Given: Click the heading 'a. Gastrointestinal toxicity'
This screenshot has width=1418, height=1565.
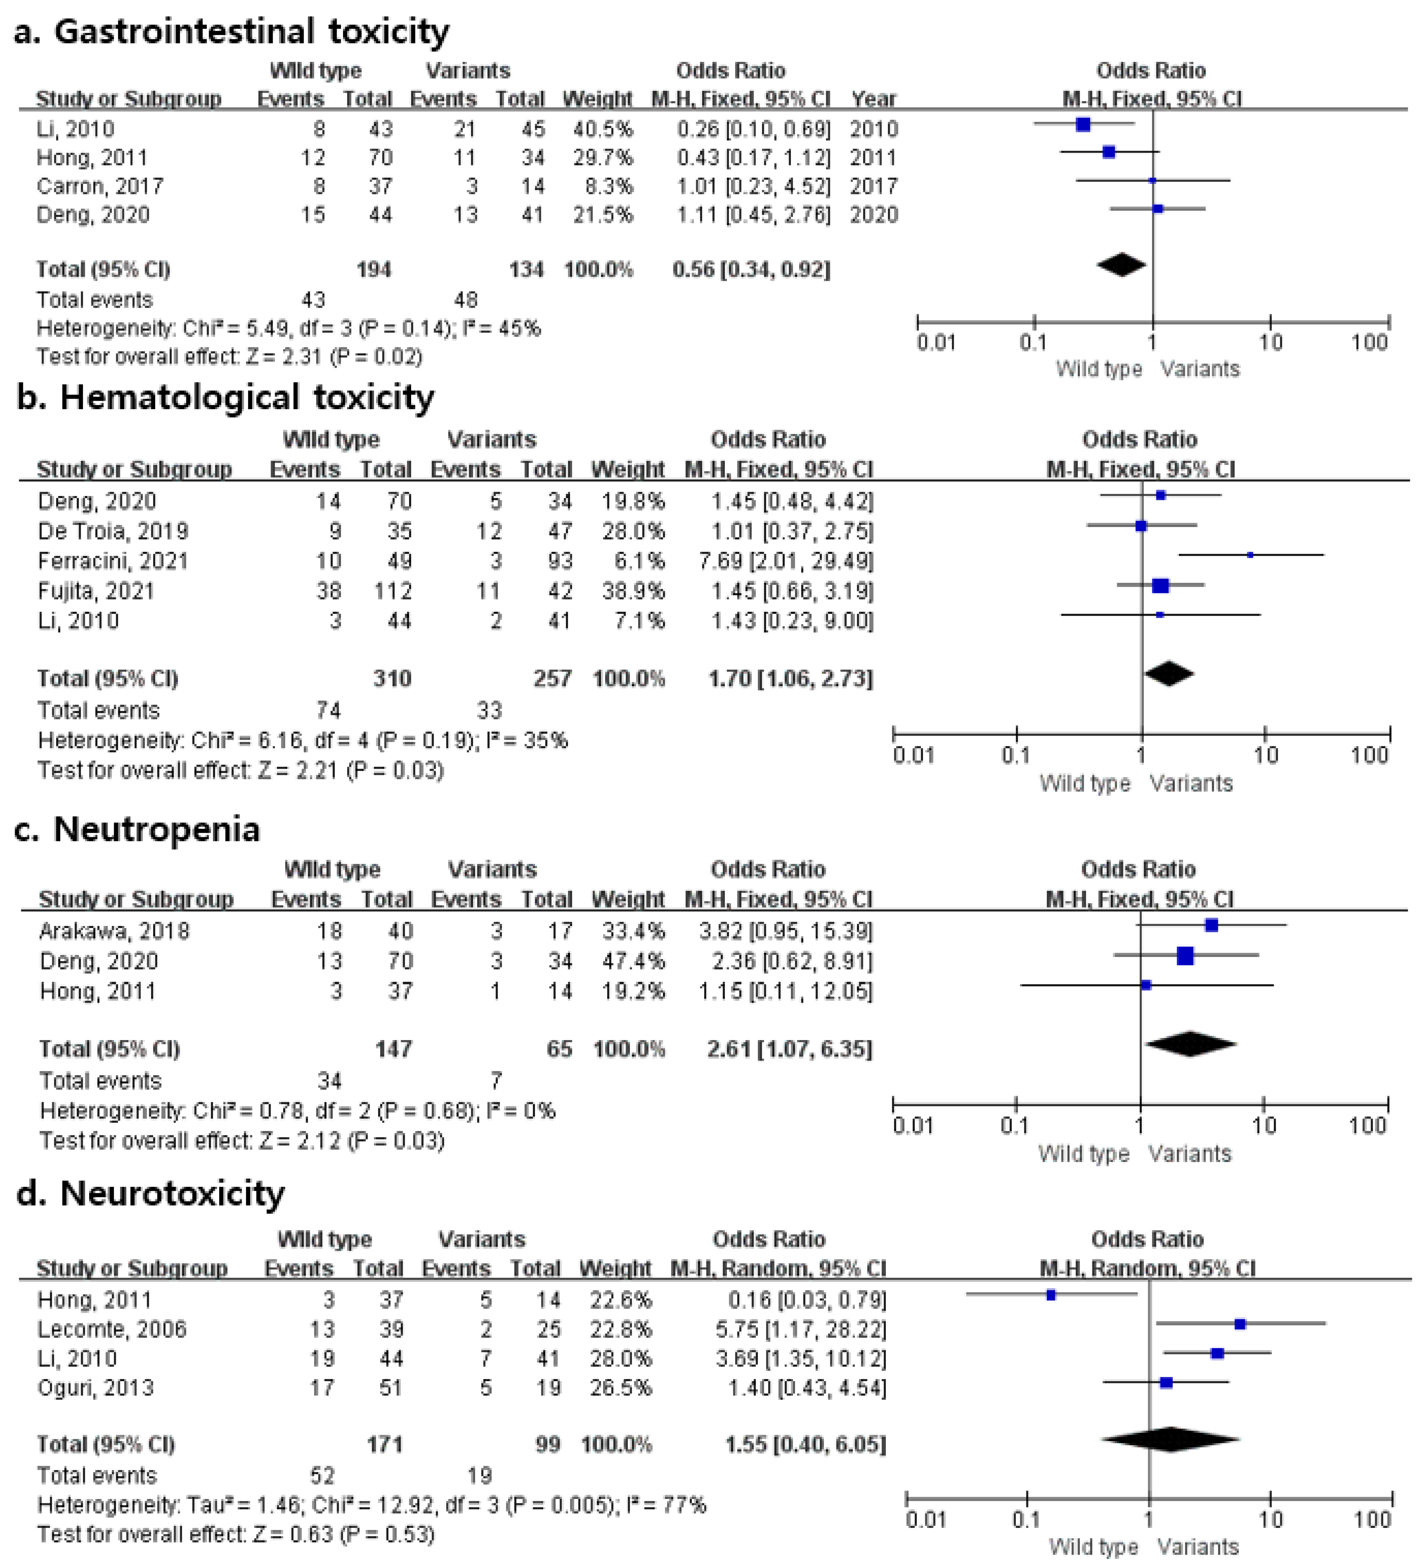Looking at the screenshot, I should (x=231, y=32).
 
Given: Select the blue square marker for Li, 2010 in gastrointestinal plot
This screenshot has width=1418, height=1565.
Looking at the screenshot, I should (x=1083, y=124).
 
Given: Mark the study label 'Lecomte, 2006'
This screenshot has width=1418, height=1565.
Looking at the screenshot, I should (x=112, y=1329).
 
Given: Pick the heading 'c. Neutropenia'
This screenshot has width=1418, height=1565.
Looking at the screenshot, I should (x=137, y=829).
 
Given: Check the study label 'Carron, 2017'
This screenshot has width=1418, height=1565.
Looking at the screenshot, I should (x=100, y=186).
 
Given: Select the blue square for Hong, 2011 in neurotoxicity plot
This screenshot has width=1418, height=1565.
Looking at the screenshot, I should (x=1051, y=1295).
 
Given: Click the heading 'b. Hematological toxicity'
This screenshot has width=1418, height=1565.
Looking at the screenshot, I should (x=225, y=397).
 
